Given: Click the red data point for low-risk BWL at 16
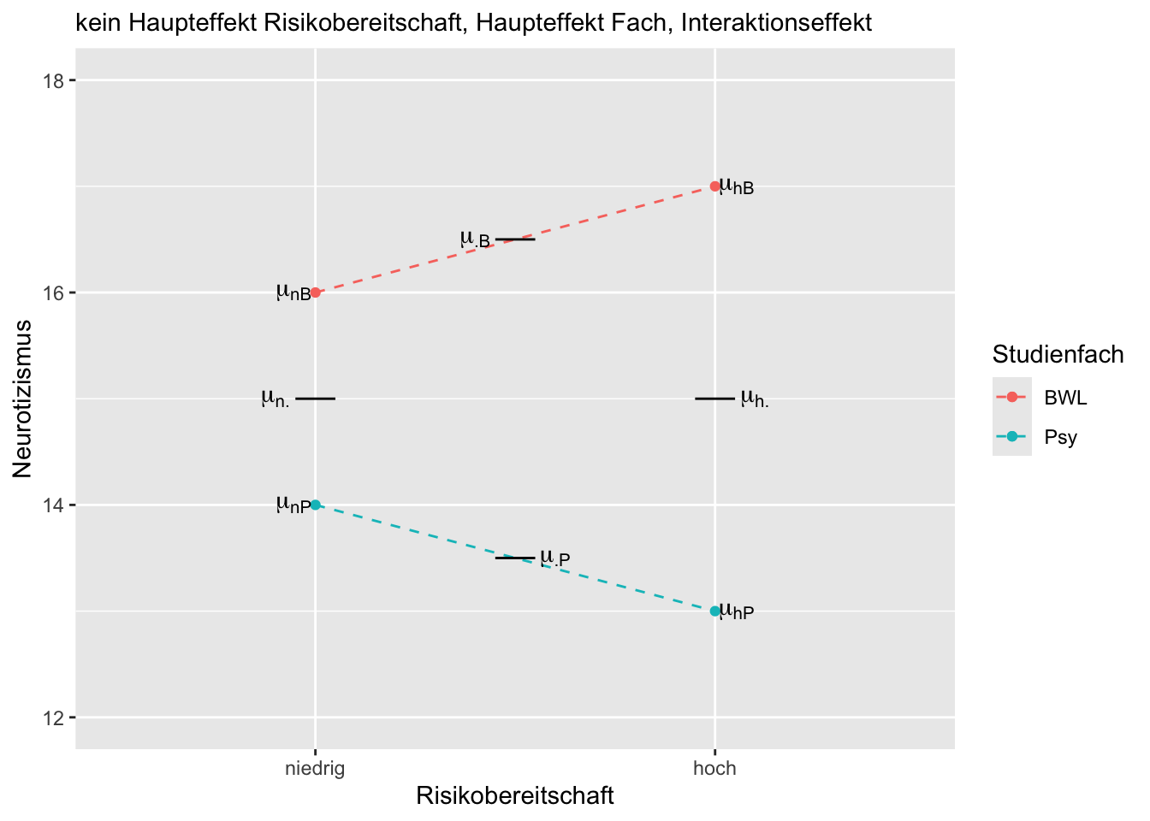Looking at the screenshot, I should [x=316, y=292].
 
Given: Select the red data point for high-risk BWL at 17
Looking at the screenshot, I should [x=715, y=186].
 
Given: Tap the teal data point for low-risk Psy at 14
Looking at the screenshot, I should [x=316, y=505].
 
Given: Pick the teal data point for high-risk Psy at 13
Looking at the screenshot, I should [x=715, y=611].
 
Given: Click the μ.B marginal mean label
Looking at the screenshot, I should [x=475, y=239].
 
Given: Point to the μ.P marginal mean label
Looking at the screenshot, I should [x=554, y=558].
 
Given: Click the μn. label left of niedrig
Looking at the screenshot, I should [x=276, y=399].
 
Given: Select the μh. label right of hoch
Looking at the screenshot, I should [x=755, y=399].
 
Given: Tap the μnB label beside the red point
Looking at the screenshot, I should [x=293, y=293].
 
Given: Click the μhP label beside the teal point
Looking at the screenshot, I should [x=737, y=611].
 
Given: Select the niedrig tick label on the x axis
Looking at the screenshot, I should [x=315, y=769].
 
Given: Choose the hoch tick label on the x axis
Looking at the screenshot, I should [x=714, y=769].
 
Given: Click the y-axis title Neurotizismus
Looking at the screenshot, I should [x=23, y=399].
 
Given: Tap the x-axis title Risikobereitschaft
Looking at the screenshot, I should [x=515, y=796].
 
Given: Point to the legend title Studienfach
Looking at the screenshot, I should [x=1058, y=354].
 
